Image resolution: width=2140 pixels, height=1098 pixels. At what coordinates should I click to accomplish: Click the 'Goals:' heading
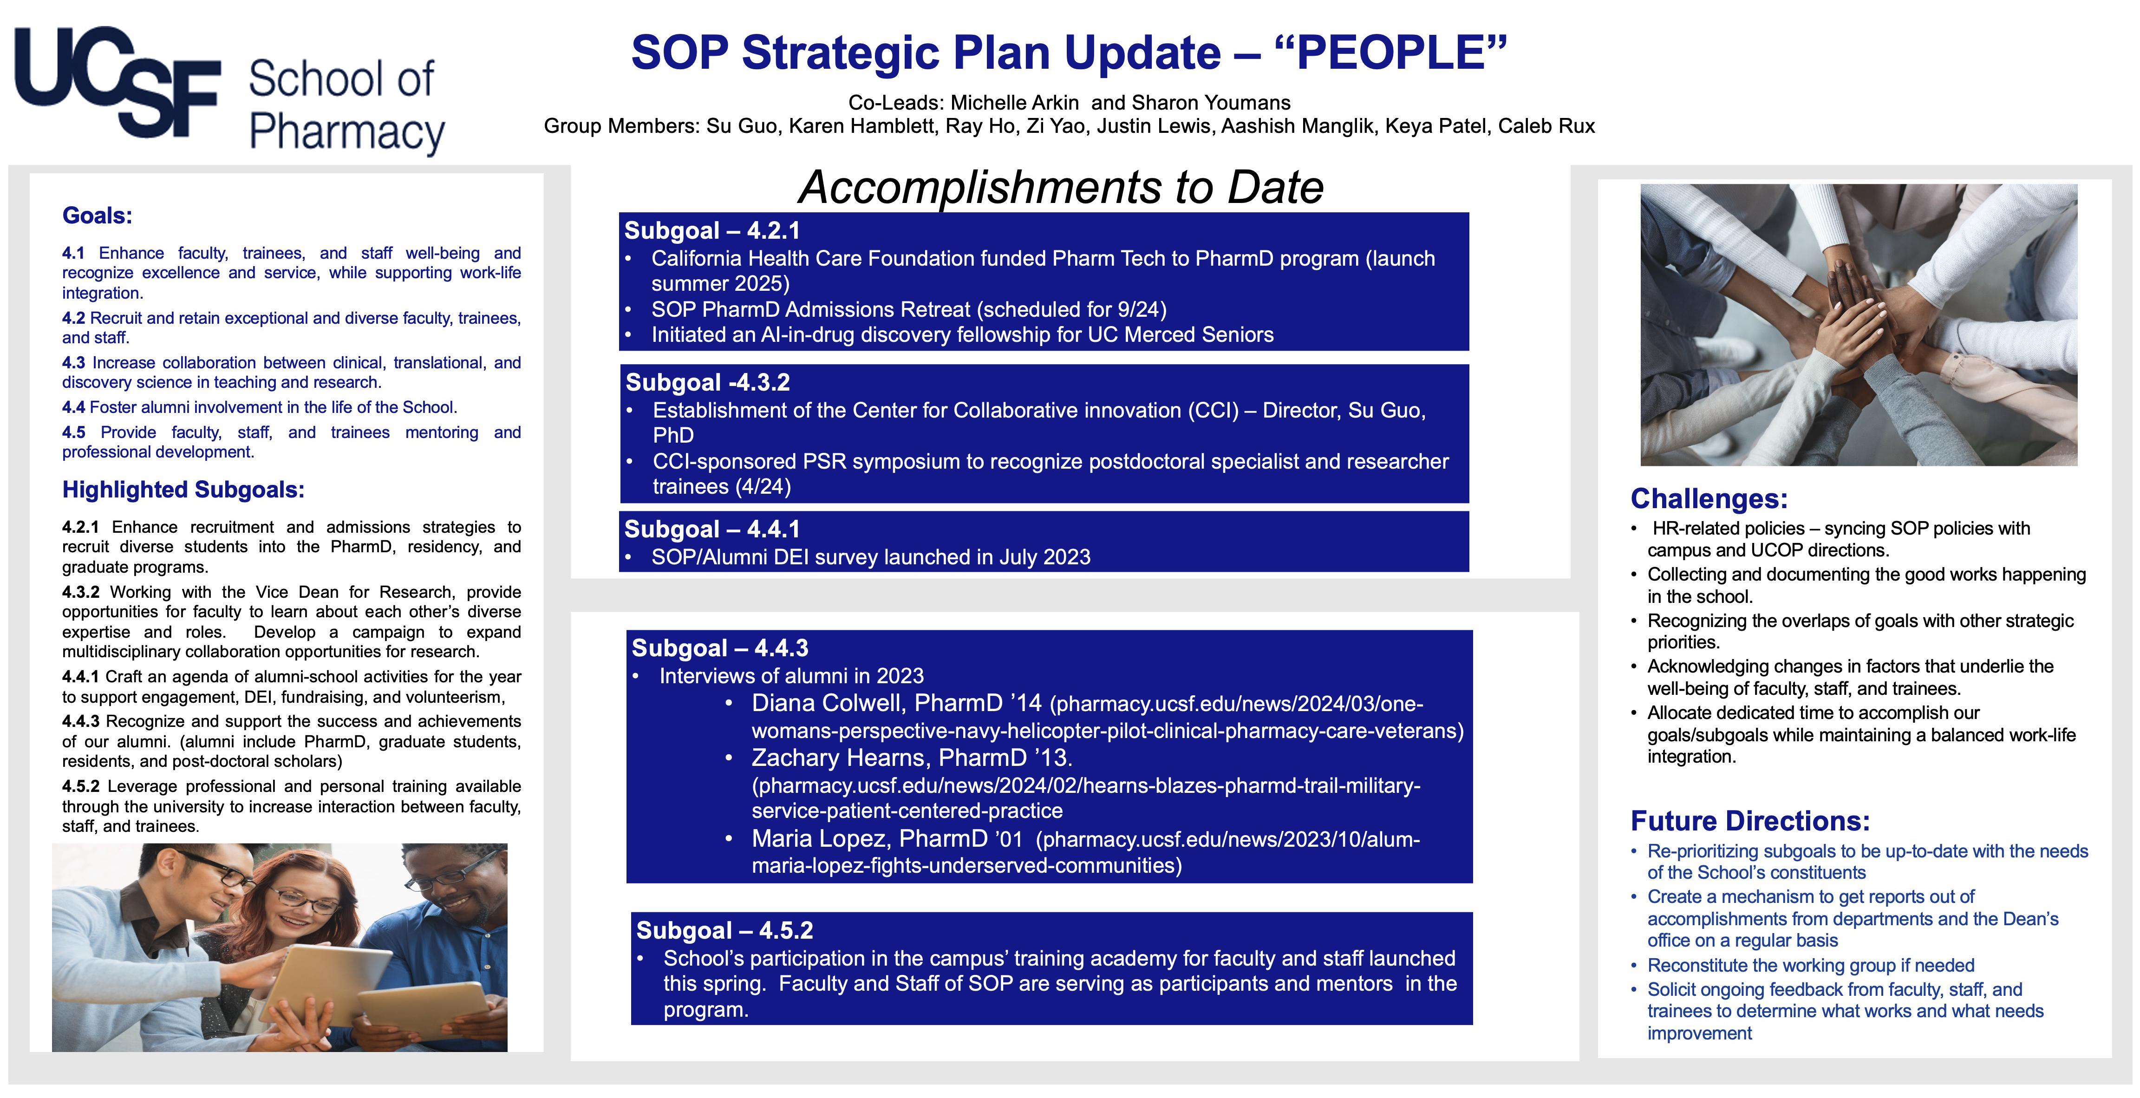(x=97, y=216)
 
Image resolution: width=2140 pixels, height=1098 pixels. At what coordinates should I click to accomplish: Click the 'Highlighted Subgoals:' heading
(x=183, y=490)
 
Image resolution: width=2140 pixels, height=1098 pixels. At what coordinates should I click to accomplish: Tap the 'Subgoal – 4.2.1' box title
(x=712, y=231)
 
